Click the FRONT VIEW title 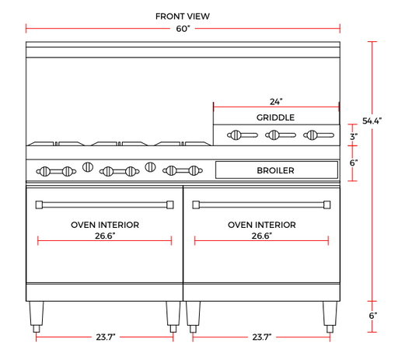[x=183, y=16]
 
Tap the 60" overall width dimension [x=183, y=29]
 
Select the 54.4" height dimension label [x=372, y=121]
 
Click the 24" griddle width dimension [x=276, y=102]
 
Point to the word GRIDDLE [x=275, y=117]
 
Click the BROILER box [x=277, y=170]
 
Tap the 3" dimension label [x=354, y=137]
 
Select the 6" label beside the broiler [x=354, y=163]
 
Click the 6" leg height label [x=373, y=316]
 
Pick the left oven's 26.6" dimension [x=105, y=236]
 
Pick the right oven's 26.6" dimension [x=262, y=236]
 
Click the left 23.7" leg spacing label [x=106, y=337]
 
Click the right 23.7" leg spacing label [x=262, y=337]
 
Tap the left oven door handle [x=105, y=204]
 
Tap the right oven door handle [x=261, y=204]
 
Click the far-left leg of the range [x=37, y=316]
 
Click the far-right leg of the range [x=330, y=316]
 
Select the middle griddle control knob [x=281, y=135]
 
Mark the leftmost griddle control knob [x=243, y=135]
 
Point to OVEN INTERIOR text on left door [x=105, y=225]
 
